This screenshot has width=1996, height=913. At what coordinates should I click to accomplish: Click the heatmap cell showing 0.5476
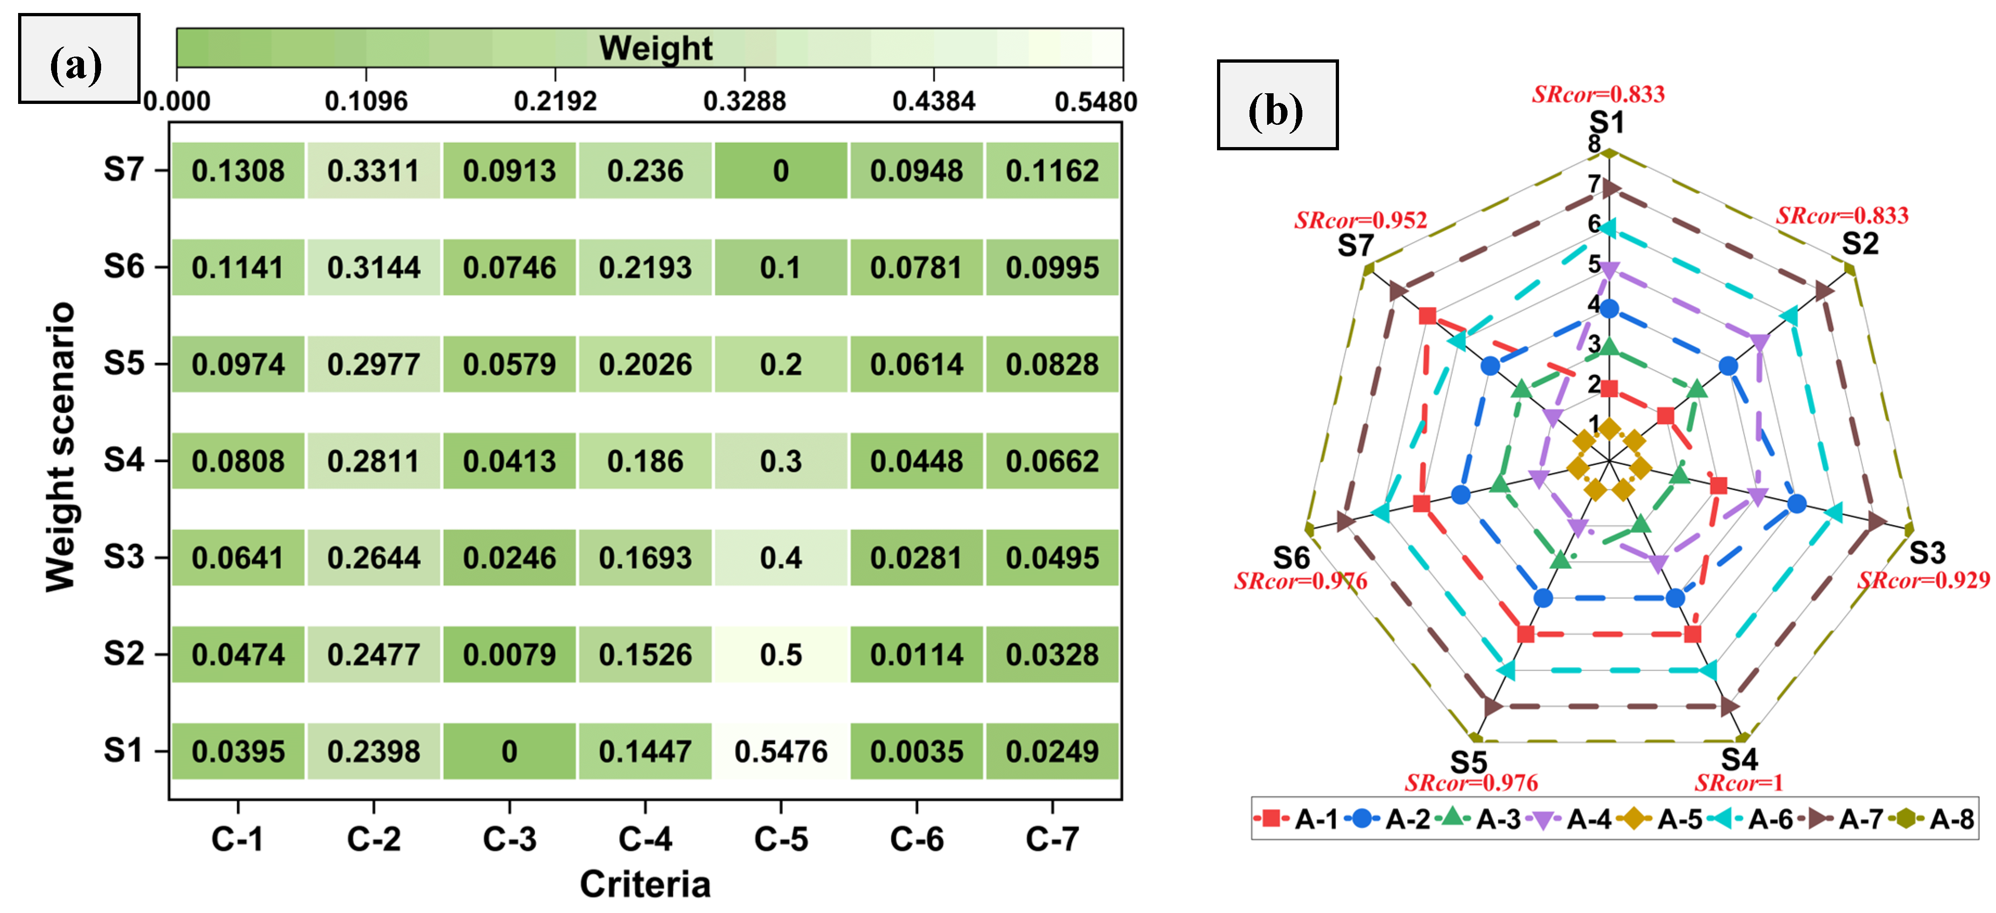coord(780,751)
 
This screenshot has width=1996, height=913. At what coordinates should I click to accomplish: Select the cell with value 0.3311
coord(373,171)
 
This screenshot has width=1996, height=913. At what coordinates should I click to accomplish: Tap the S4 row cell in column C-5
coord(780,461)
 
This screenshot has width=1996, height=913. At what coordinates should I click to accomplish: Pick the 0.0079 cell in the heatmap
coord(509,655)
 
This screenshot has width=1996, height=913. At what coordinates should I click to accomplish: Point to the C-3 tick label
coord(509,839)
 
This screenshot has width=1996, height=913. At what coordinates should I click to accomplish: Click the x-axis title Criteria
coord(644,884)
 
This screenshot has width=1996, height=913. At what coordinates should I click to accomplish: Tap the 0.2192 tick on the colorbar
coord(555,101)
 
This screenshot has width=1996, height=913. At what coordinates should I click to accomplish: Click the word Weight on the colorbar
coord(656,48)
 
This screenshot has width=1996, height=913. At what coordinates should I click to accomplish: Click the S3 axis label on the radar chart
coord(1927,553)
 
